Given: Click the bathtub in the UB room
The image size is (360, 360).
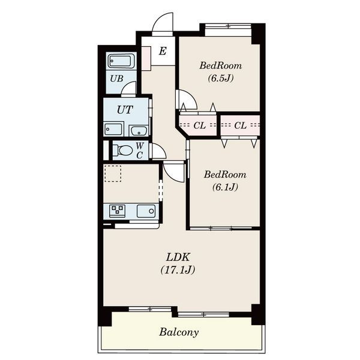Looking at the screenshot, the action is coord(121,61).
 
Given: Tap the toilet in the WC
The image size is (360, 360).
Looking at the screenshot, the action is coord(123,151).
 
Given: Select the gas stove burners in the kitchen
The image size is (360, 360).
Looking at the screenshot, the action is coord(118,211).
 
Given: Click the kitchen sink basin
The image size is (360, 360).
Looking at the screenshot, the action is coord(146,211).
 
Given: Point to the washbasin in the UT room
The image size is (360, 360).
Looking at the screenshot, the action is coord(139,131).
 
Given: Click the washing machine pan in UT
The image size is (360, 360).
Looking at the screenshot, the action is coord(114,129).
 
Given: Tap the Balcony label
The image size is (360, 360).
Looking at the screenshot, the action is coord(179,332).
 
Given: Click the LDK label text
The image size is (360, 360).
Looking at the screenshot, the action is coord(178,257).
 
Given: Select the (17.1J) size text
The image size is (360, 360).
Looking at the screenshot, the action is coord(178,270).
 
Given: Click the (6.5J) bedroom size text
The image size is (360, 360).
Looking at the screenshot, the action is coord(221,78).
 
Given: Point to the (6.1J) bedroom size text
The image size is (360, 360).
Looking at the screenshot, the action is coord(225,187).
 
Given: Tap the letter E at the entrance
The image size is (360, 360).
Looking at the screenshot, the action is coord(163,51).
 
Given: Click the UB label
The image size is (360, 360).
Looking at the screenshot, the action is coord(116,79).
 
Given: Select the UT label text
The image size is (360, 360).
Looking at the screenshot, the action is coord(125,110).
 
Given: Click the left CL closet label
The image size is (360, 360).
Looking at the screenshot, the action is coord(199,125).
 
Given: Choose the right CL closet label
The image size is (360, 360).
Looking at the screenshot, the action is coord(241,125).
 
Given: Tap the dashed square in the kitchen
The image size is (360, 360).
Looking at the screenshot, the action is coord(113,173).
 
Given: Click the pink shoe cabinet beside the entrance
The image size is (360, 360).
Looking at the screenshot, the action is coord(146,58).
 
